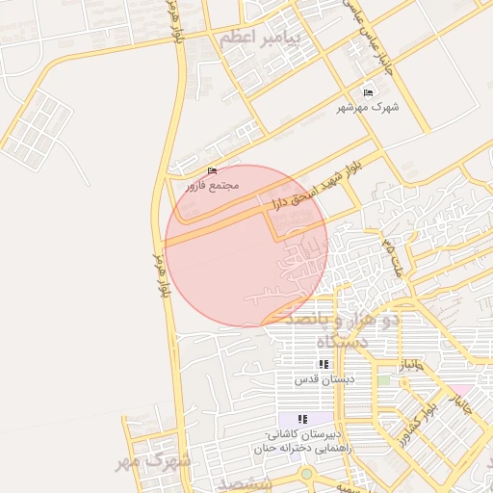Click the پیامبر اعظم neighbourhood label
coord(259,39)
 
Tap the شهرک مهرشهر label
coord(367,108)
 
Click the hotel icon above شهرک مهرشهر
coord(367,92)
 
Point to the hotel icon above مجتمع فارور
coord(213,169)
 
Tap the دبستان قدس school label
coord(324,378)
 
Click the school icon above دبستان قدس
coord(324,364)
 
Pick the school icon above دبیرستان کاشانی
coord(302,419)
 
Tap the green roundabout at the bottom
coord(306,474)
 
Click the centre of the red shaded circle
coord(246,245)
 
